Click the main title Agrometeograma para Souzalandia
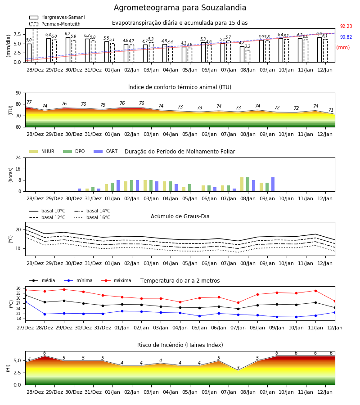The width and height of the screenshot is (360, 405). tap(180, 8)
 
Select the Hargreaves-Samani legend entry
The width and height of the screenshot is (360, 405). tap(57, 17)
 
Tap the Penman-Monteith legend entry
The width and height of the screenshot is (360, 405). tap(55, 24)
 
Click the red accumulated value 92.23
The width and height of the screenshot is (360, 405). tap(346, 26)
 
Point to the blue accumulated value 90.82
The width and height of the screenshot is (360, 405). tap(346, 37)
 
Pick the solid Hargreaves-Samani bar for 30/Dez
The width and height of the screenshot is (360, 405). tap(68, 50)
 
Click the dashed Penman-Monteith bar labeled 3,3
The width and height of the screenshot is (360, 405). tap(247, 56)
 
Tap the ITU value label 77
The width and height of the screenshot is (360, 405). tap(29, 102)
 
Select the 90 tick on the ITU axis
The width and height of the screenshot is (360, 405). tap(18, 93)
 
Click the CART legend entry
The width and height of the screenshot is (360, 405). tap(106, 151)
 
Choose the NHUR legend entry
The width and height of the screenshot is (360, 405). tap(42, 151)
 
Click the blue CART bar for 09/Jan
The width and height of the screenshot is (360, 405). tap(273, 184)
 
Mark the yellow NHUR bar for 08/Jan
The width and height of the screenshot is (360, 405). tap(242, 184)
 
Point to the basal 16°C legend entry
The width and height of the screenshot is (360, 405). tap(92, 217)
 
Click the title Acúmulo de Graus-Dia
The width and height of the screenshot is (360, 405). tap(180, 216)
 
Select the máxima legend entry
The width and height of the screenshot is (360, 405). tap(116, 280)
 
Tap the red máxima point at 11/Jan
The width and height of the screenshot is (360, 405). tap(315, 291)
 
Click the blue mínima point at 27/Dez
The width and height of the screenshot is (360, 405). tap(25, 301)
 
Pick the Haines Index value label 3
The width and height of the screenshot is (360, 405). tap(238, 368)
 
